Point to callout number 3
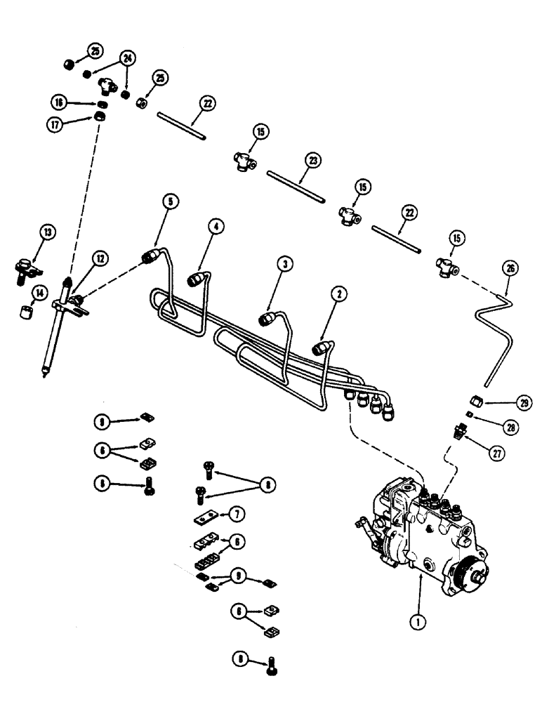pos(284,264)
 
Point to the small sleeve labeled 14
pos(27,310)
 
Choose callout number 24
pos(127,58)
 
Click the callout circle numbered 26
pos(509,267)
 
